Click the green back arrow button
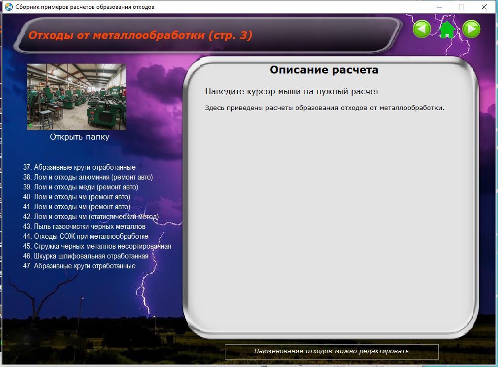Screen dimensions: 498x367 422,29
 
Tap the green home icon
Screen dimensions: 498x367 447,30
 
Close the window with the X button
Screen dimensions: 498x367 484,7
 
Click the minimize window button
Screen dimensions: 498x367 439,7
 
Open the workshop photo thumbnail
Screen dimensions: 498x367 76,97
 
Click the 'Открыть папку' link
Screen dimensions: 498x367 79,137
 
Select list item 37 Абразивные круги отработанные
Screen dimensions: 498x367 79,167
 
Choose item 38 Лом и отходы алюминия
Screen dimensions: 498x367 88,177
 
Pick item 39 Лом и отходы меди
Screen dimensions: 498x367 80,187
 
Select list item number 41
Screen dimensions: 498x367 76,207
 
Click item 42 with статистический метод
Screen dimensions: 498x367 91,217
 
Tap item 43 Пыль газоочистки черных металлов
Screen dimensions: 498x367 84,226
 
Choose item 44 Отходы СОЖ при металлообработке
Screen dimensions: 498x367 85,236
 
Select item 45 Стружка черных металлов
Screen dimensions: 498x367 97,246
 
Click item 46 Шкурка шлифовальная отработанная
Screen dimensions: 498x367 85,256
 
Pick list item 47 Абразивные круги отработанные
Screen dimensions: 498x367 79,266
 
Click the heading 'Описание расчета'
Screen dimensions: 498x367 324,70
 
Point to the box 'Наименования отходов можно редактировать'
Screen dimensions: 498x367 331,351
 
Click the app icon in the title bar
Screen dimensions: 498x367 9,7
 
